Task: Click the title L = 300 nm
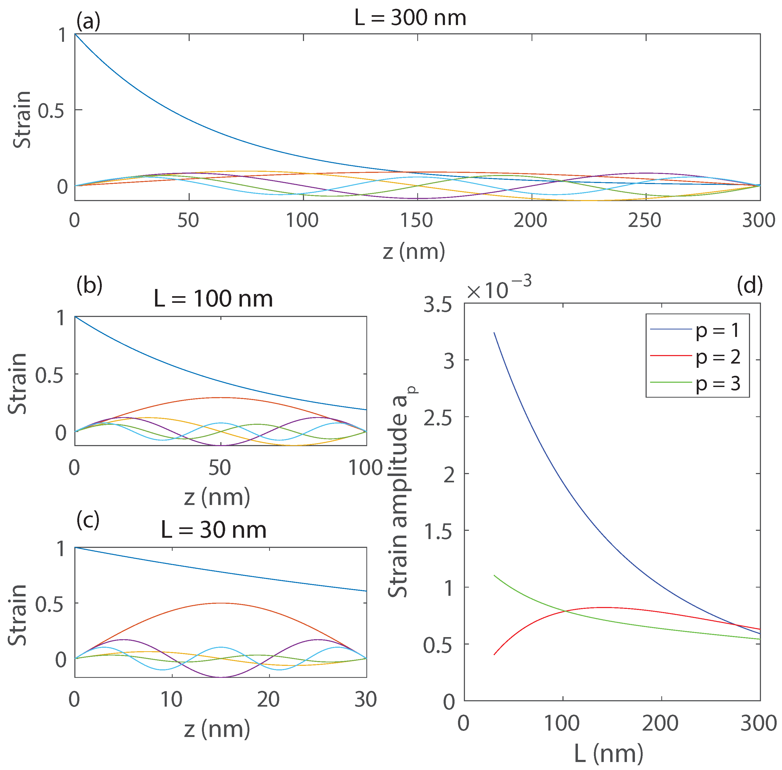[x=410, y=18]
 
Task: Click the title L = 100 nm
[x=213, y=299]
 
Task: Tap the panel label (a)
[x=88, y=21]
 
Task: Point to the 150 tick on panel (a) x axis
[x=417, y=221]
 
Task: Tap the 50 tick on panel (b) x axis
[x=220, y=468]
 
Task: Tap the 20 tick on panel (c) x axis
[x=269, y=699]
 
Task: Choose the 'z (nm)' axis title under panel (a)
[x=414, y=251]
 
